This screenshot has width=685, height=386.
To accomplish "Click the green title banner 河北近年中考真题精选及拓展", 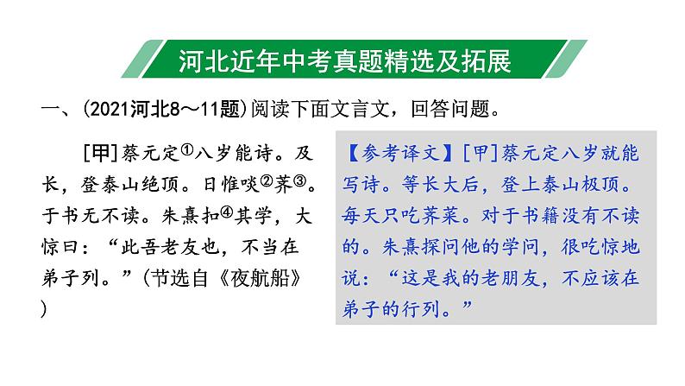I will click(342, 61).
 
